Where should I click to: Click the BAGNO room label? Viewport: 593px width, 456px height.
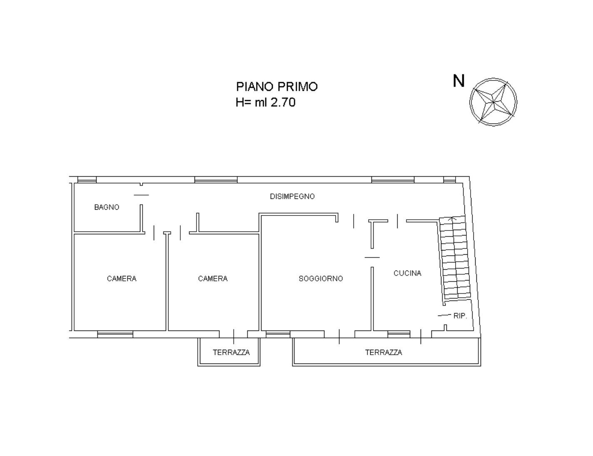tap(107, 207)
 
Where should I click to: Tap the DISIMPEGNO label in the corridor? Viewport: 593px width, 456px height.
tap(292, 196)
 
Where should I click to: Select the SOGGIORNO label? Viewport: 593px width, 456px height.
tap(321, 278)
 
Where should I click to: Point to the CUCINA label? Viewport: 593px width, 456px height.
tap(407, 273)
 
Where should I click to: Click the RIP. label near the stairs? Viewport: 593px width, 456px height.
tap(460, 316)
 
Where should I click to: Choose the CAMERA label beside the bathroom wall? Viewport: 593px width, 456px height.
tap(122, 278)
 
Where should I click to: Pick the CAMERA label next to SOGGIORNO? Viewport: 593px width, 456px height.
tap(212, 278)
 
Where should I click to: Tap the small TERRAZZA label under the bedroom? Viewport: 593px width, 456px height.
tap(231, 353)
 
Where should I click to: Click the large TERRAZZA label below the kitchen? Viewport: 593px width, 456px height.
tap(384, 353)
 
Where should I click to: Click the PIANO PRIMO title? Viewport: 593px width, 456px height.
tap(277, 87)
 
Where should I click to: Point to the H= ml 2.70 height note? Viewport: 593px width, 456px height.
tap(266, 103)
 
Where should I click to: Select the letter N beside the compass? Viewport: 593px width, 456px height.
tap(458, 81)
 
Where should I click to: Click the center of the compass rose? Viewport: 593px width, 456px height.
tap(493, 102)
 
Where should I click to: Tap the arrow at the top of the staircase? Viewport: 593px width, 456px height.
tap(452, 218)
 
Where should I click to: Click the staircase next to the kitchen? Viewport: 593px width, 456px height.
tap(454, 259)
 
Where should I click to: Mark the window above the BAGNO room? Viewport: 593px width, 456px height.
tap(87, 180)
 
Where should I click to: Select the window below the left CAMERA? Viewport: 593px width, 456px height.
tap(115, 334)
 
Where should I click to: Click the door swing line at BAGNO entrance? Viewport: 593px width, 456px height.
tap(141, 195)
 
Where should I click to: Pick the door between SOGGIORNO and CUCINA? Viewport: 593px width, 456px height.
tap(372, 257)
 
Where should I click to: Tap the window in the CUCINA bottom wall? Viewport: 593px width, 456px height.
tap(399, 334)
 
